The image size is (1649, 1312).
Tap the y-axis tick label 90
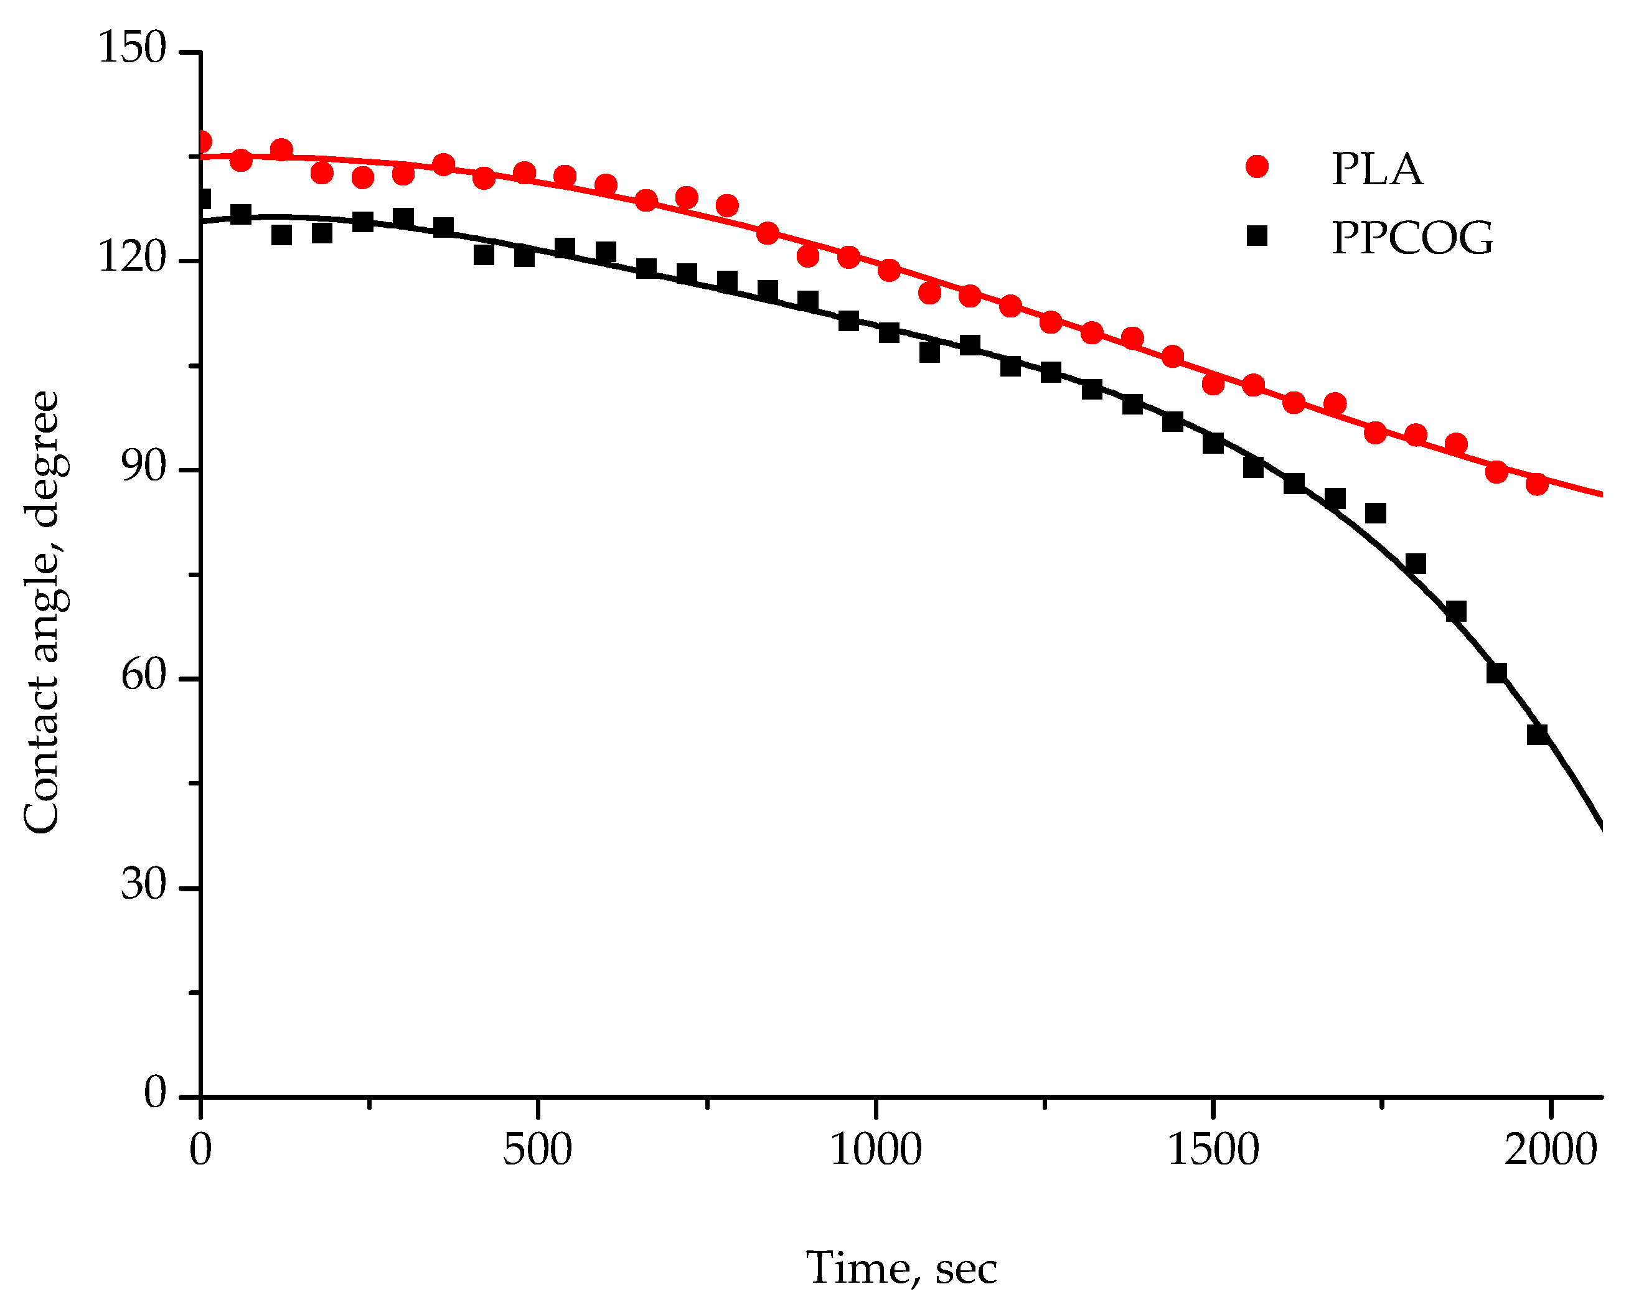coord(144,468)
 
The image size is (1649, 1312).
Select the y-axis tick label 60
coord(144,677)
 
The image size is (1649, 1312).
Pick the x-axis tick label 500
coord(538,1151)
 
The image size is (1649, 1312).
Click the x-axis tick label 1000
coord(876,1151)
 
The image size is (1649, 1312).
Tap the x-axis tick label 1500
coord(1213,1151)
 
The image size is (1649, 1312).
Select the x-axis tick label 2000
coord(1551,1151)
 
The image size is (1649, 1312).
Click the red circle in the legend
coord(1257,167)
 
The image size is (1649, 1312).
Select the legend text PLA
coord(1377,170)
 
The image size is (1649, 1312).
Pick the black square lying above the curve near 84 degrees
coord(1375,513)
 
